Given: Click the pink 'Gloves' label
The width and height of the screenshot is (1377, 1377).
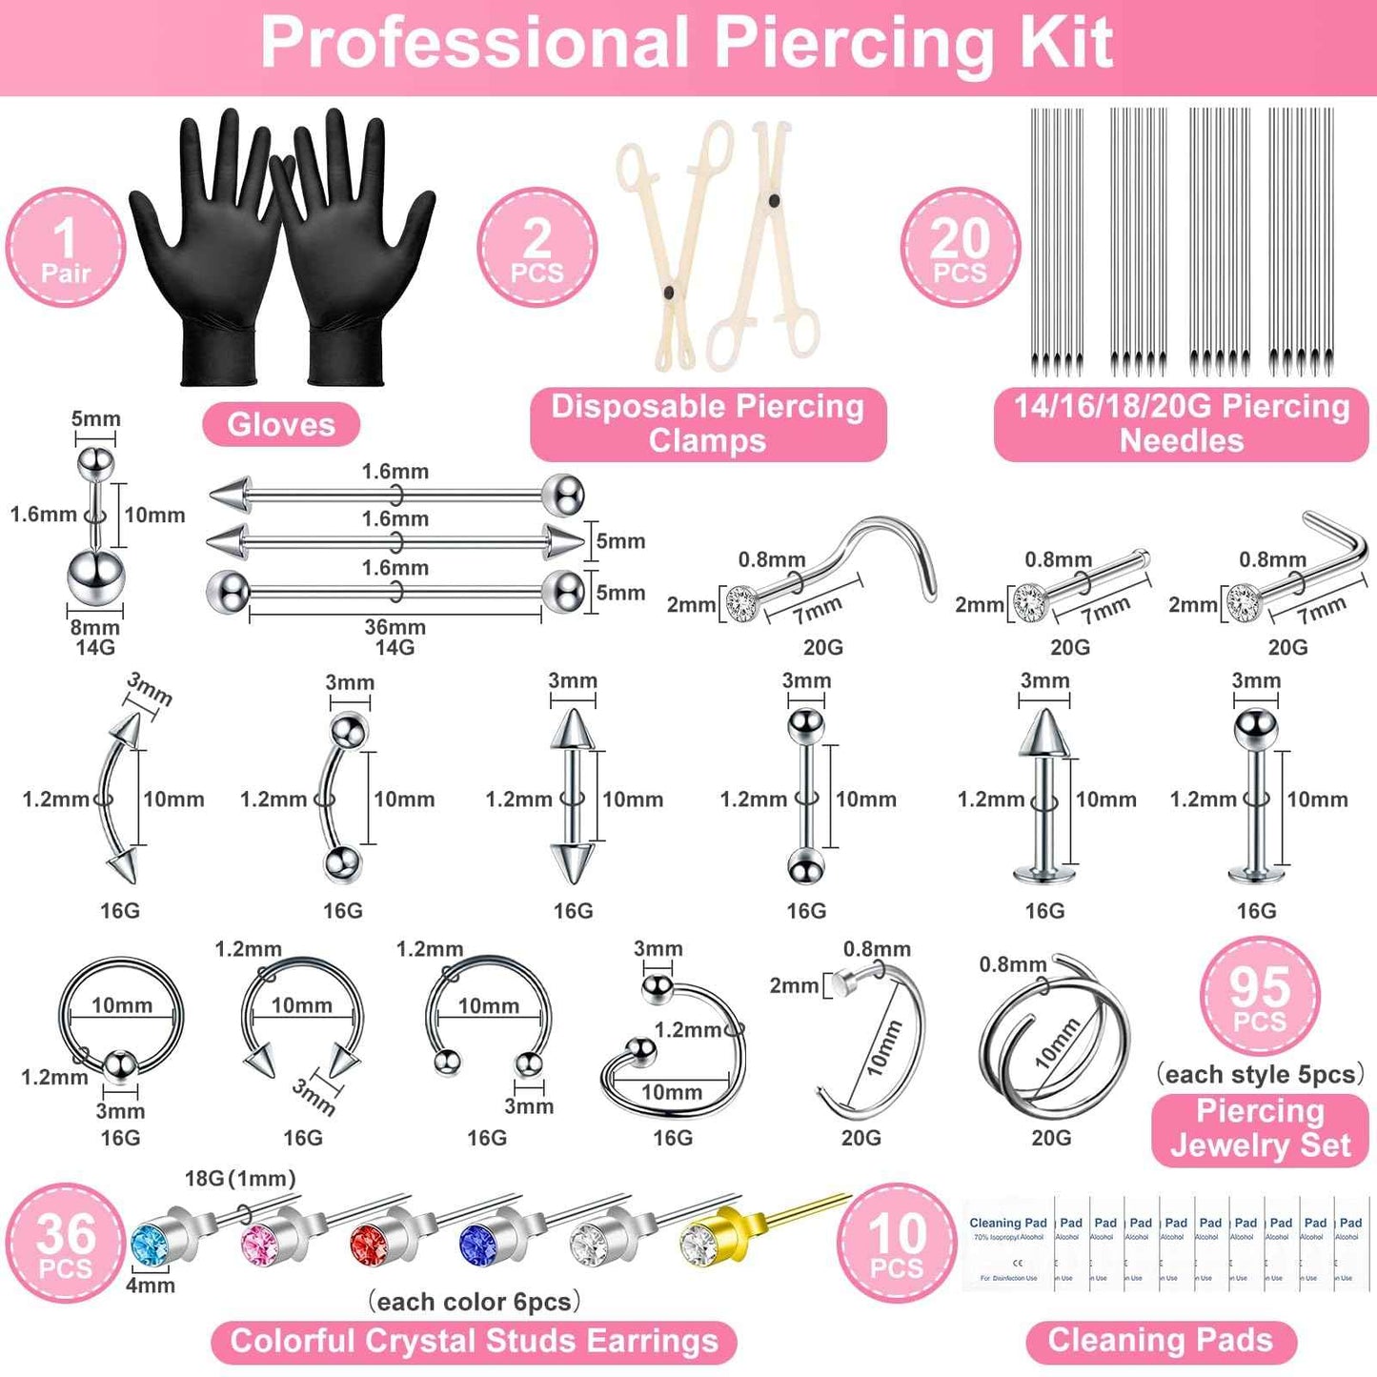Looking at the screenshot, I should [281, 424].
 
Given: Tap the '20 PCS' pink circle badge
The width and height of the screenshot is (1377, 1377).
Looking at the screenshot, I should [960, 248].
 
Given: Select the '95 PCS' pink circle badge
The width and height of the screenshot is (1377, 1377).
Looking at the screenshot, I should [1260, 997].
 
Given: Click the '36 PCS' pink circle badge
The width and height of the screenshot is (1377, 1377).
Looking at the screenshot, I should [65, 1243].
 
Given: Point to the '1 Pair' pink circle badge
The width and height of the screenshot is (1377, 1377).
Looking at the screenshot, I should [65, 248].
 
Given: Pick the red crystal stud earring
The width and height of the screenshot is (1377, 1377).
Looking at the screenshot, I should [371, 1240].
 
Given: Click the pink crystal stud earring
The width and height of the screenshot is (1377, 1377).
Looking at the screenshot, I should [261, 1240].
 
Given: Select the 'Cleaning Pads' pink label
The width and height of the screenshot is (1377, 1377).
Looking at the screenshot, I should [1161, 1341].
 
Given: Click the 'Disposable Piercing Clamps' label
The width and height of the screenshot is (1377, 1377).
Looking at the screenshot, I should [707, 423].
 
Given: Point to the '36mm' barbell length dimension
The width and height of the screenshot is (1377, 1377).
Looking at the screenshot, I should [395, 627].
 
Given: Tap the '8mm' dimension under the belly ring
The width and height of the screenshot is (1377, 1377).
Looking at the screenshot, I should [95, 627].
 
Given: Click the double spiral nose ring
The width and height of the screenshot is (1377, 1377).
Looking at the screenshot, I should [1052, 1048].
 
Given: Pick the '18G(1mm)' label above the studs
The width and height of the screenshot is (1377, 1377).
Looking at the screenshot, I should [240, 1179].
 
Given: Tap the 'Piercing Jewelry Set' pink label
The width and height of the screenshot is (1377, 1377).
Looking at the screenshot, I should [1260, 1128].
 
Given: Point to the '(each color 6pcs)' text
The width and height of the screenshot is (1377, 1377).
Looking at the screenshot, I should [474, 1302].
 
